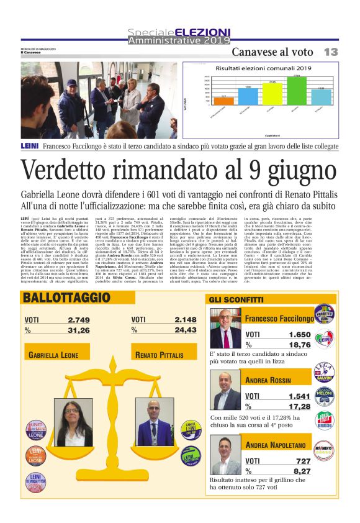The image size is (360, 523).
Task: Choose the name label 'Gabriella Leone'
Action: tap(54, 355)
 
